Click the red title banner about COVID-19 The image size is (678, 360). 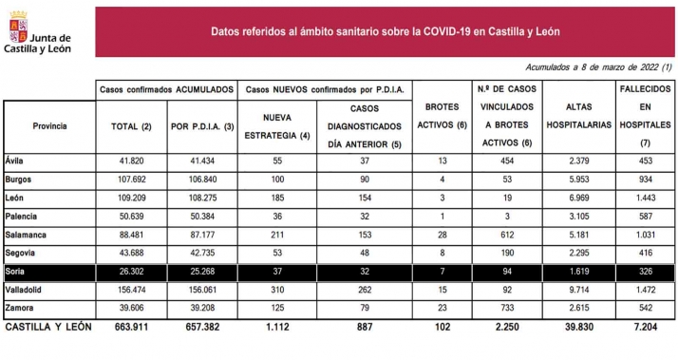point(385,31)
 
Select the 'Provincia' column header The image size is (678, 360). point(49,125)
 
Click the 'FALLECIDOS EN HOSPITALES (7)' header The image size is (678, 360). point(645,116)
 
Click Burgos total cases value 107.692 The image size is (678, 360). point(129,179)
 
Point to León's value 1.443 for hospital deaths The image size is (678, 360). point(645,197)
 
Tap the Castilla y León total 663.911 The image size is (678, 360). point(129,326)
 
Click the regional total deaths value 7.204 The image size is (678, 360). point(645,326)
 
